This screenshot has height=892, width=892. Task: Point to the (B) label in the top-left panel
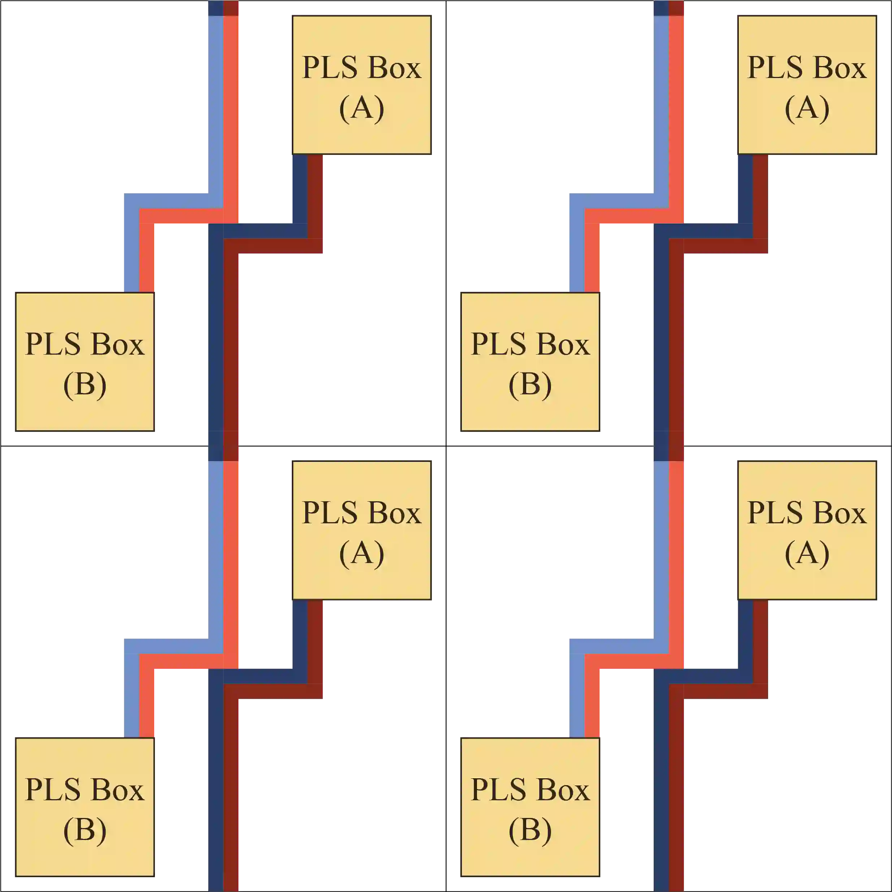click(x=85, y=385)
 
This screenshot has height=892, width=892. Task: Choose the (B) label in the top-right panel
click(x=530, y=385)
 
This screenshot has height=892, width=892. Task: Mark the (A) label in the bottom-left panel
click(x=361, y=554)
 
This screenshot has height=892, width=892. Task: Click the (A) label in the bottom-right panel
click(x=807, y=554)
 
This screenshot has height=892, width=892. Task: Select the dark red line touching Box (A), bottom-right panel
click(x=761, y=646)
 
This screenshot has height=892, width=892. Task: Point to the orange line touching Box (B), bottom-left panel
click(x=147, y=702)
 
